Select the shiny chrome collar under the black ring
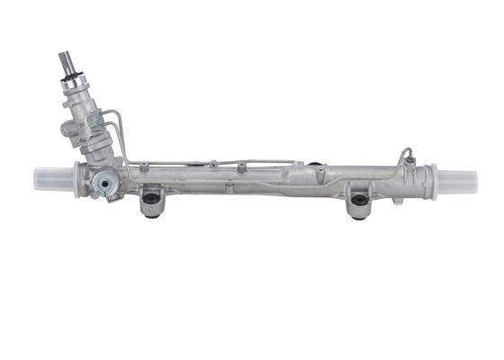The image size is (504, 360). pos(75,91)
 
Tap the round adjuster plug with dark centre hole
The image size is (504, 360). pos(108,185)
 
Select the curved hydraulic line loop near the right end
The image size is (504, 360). pos(406,155)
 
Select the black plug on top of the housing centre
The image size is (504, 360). pos(317,165)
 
